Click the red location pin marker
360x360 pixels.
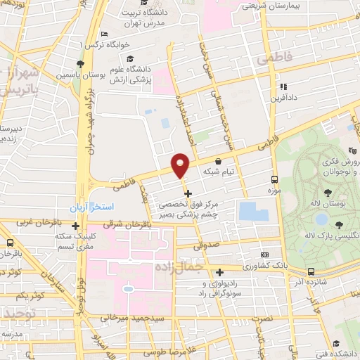pyautogui.click(x=181, y=166)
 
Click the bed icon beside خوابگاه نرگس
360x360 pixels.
pyautogui.click(x=104, y=34)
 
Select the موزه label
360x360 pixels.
pyautogui.click(x=274, y=191)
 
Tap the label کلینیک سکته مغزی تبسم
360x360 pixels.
pyautogui.click(x=76, y=242)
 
